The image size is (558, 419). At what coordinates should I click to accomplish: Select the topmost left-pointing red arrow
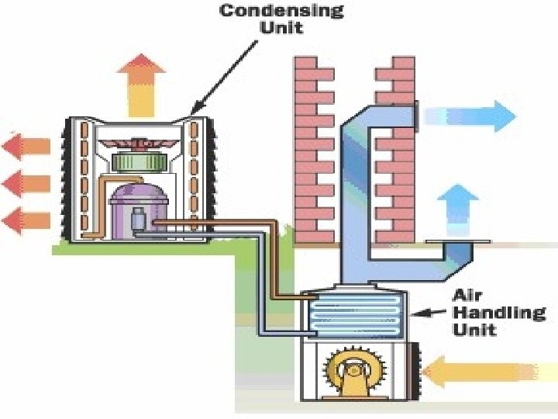pos(26,145)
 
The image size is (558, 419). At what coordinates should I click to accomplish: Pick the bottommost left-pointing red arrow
pos(26,221)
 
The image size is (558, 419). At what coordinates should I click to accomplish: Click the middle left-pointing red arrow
pos(26,183)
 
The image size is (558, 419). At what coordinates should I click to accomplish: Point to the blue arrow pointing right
pos(470,116)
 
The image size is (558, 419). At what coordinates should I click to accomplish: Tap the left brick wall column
pos(314,147)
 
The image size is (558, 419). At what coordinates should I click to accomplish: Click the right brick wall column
pos(394,147)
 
